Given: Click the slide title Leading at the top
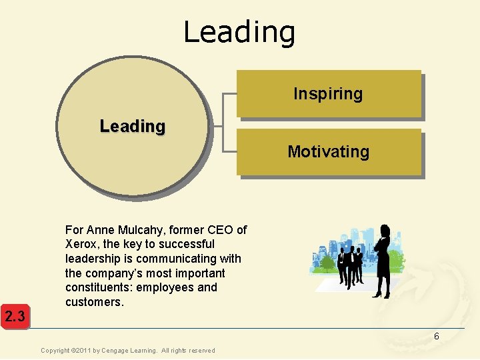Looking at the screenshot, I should click(x=239, y=32).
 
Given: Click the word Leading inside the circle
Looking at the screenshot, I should click(x=132, y=126).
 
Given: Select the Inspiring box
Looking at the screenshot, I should click(x=328, y=94).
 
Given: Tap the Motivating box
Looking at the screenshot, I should click(x=328, y=152).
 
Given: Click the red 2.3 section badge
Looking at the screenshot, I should click(x=14, y=316).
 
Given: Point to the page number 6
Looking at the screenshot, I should click(x=437, y=337).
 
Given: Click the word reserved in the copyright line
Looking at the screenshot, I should click(x=201, y=351).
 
